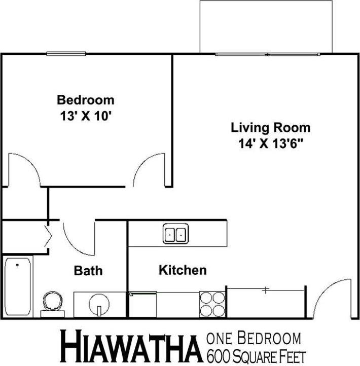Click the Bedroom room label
click(x=85, y=100)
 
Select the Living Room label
click(x=270, y=127)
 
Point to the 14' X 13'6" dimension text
click(x=270, y=143)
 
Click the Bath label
click(x=88, y=271)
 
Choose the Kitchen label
click(x=183, y=270)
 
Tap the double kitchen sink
click(x=175, y=234)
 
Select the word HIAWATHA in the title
click(x=129, y=347)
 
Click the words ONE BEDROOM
click(x=254, y=338)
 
